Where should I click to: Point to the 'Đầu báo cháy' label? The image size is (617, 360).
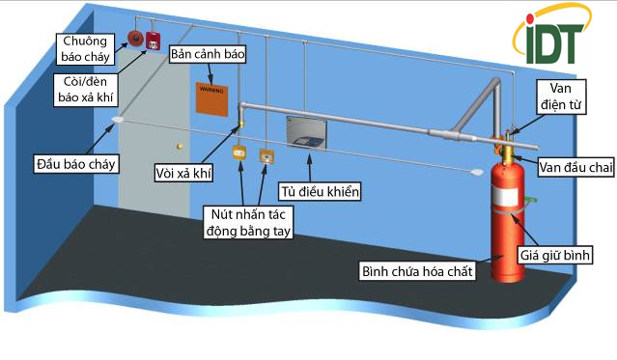click(75, 163)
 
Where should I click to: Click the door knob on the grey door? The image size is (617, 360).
click(179, 146)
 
